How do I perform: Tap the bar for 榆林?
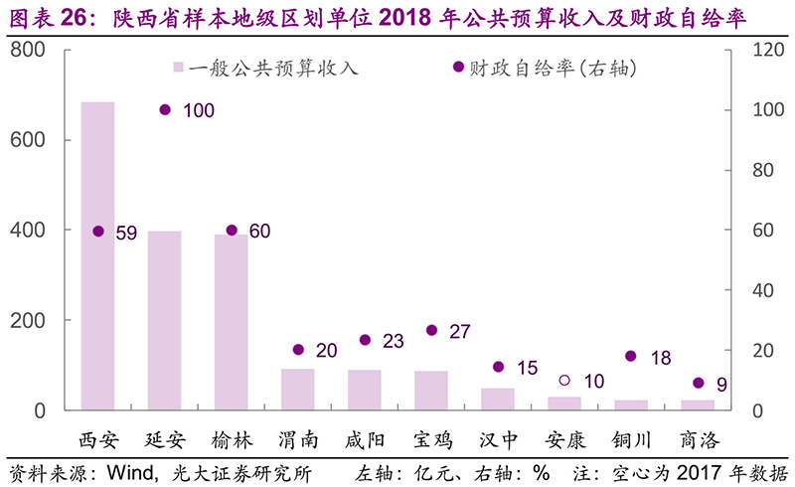232,322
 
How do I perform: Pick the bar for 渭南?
298,390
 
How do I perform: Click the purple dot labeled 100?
165,110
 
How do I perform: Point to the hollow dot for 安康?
564,381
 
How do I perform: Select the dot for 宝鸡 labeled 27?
431,330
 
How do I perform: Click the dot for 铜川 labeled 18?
631,356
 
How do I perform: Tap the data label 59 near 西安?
126,234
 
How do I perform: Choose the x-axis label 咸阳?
365,440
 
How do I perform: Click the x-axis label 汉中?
498,440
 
